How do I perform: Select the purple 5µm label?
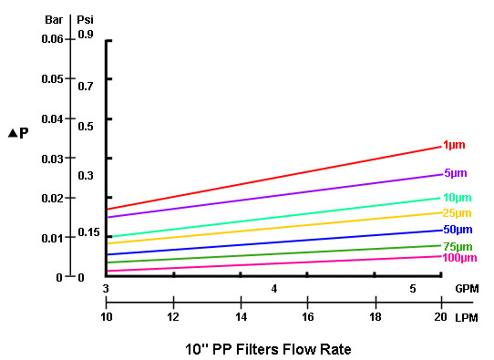(455, 173)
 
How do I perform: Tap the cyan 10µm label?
(457, 198)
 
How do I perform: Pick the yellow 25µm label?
(457, 213)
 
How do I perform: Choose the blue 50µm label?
(457, 230)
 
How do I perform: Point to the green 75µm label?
(457, 246)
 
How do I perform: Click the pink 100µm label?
(459, 258)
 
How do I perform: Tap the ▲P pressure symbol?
(17, 132)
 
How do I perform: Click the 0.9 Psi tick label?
(86, 35)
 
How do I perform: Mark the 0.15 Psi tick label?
(88, 232)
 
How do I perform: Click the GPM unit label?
(467, 288)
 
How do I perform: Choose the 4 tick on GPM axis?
(273, 288)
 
